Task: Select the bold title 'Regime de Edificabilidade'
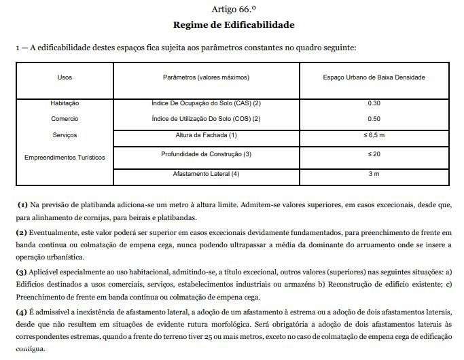(232, 25)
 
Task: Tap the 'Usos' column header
(65, 77)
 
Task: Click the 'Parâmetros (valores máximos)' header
(206, 77)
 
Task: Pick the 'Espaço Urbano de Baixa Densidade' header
(374, 77)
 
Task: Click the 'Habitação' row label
(65, 103)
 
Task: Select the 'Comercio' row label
(65, 119)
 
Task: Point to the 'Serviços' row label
(65, 135)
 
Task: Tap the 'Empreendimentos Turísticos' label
(65, 157)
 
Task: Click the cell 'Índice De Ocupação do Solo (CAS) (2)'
(206, 103)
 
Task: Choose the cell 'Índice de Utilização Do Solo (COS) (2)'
(206, 119)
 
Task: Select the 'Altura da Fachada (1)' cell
(206, 135)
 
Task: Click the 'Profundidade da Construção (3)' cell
(206, 154)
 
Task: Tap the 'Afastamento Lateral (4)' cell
(206, 175)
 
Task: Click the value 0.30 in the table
(374, 103)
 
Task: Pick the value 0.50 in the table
(374, 119)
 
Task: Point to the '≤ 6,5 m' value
(374, 135)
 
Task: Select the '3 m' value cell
(374, 175)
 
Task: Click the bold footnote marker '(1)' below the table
(22, 204)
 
